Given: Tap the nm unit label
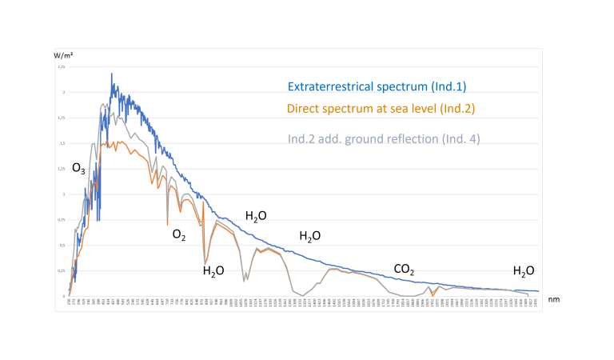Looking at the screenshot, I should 553,298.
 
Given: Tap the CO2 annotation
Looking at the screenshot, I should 404,270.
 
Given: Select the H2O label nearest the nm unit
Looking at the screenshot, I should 524,270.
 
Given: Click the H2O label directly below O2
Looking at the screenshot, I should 213,270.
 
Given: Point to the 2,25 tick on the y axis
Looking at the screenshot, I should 61,67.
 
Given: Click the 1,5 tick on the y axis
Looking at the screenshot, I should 62,143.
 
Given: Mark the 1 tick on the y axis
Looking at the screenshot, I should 63,194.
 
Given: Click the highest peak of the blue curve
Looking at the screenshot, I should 111,74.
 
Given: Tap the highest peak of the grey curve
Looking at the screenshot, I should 105,104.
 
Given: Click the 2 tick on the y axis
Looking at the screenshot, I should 63,93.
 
